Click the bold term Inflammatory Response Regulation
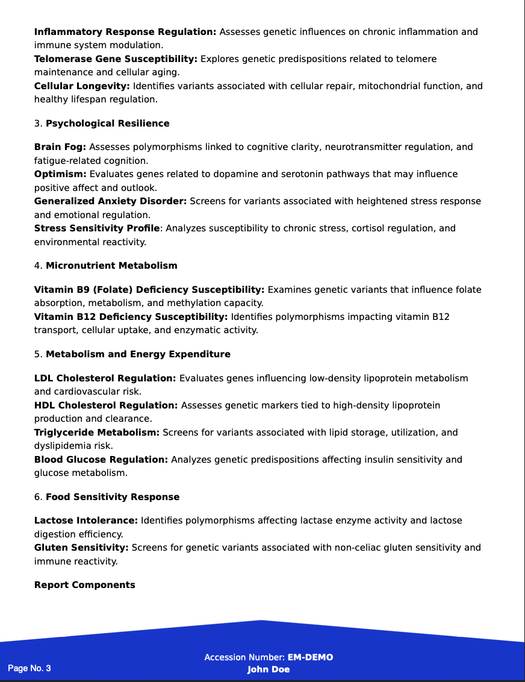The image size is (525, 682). (125, 32)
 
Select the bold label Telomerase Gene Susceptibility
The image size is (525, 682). (116, 59)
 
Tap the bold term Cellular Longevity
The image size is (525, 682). (82, 86)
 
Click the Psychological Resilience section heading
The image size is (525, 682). (107, 124)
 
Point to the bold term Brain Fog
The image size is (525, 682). (60, 147)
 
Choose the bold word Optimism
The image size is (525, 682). (60, 174)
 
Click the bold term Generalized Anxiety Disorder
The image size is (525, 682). (110, 201)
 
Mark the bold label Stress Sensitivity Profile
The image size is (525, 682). (97, 228)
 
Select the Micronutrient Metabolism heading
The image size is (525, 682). (111, 266)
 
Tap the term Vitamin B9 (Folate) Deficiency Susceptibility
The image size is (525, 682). (149, 290)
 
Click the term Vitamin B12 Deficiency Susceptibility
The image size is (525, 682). (131, 317)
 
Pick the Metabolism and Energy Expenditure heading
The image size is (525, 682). (138, 354)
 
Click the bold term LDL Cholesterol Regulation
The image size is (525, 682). (105, 378)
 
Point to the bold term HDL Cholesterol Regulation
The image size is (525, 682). (106, 405)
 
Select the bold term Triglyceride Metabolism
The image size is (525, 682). (96, 433)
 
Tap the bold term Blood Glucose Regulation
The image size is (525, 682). (101, 460)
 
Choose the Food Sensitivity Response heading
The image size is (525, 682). (113, 497)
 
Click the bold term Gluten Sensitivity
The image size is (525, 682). (81, 548)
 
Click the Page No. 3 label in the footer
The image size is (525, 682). (30, 668)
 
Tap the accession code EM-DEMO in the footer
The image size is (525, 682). (310, 657)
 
